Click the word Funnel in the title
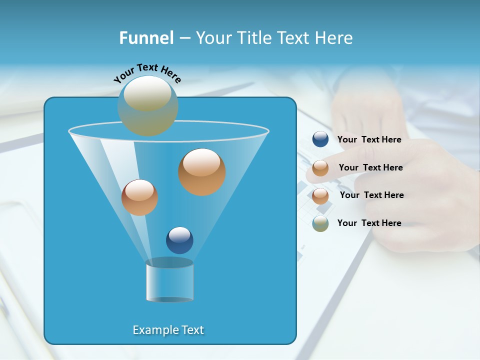pyautogui.click(x=146, y=38)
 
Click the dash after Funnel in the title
pyautogui.click(x=184, y=38)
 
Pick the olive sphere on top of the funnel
pyautogui.click(x=147, y=105)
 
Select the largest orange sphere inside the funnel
pyautogui.click(x=201, y=171)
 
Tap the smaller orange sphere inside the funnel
pyautogui.click(x=139, y=197)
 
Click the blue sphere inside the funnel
pyautogui.click(x=179, y=240)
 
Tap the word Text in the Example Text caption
pyautogui.click(x=191, y=330)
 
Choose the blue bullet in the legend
pyautogui.click(x=320, y=139)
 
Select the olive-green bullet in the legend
pyautogui.click(x=320, y=223)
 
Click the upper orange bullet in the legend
pyautogui.click(x=320, y=168)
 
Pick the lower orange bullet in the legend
pyautogui.click(x=320, y=195)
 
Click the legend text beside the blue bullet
pyautogui.click(x=369, y=139)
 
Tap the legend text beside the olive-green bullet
pyautogui.click(x=369, y=223)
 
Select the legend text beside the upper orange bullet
pyautogui.click(x=370, y=167)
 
